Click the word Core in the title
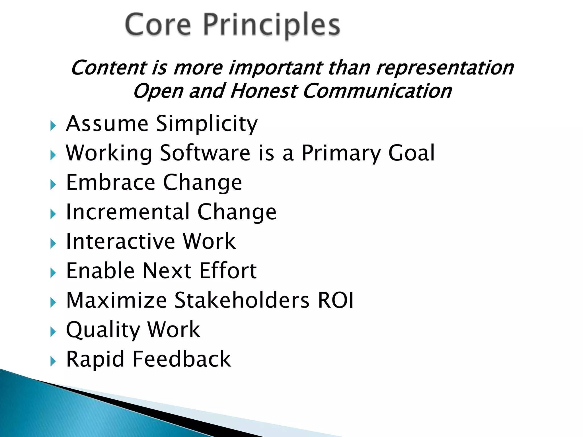point(158,25)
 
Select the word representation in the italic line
point(445,68)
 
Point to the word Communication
point(377,91)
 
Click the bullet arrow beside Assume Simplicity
point(53,125)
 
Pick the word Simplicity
point(207,124)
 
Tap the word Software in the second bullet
point(205,153)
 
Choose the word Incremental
point(128,212)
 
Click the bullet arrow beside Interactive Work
point(53,244)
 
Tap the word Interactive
point(120,242)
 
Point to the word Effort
point(228,271)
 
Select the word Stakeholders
point(242,300)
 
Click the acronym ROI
point(336,300)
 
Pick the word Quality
point(103,330)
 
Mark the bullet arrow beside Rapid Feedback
point(53,361)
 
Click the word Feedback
point(182,359)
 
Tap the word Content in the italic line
point(108,68)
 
